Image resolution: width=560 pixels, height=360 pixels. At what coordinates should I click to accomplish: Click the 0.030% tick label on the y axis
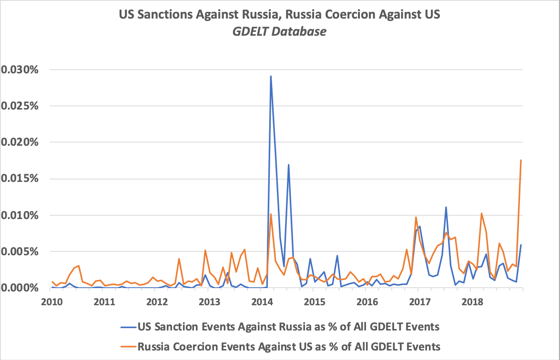click(21, 70)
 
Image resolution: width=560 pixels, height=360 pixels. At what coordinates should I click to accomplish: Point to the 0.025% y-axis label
click(21, 106)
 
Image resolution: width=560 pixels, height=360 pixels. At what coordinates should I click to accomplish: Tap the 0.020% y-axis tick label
click(21, 142)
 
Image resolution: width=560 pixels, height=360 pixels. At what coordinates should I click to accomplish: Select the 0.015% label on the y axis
click(21, 179)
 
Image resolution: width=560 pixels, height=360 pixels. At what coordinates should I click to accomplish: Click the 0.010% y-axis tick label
click(21, 215)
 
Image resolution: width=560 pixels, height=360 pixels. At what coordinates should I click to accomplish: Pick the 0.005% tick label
click(21, 251)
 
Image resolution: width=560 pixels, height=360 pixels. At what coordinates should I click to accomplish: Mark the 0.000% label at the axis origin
click(21, 288)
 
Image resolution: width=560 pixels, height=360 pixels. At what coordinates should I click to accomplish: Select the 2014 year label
click(262, 301)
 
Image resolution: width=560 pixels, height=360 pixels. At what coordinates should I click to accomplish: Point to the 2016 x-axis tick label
click(367, 301)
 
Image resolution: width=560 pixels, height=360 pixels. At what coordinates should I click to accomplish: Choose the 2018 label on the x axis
click(472, 301)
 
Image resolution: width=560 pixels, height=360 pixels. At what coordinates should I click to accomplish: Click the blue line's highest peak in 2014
click(271, 76)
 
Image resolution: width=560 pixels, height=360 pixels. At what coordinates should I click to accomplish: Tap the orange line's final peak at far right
click(521, 160)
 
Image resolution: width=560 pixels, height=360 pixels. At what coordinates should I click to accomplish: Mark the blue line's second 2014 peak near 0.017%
click(288, 165)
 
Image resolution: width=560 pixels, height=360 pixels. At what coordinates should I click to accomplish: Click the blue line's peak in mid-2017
click(446, 207)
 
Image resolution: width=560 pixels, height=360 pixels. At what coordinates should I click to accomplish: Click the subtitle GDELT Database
click(279, 32)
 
